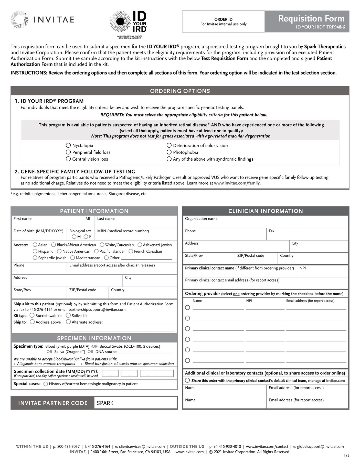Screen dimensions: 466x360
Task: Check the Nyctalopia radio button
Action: pos(68,145)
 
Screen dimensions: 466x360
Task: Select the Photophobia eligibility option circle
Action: pos(169,152)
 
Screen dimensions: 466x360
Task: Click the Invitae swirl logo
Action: pos(19,19)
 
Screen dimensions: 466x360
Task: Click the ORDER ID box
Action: pos(223,22)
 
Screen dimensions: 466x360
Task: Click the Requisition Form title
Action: pos(311,19)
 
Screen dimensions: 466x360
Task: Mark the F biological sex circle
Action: pos(86,237)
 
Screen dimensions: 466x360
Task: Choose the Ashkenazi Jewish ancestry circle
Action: pos(140,245)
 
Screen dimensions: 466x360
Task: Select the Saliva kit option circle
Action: pos(68,315)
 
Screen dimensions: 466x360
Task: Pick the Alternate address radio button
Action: pos(68,322)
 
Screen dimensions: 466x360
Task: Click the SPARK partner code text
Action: pos(105,403)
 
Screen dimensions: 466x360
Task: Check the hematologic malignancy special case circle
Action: pos(46,384)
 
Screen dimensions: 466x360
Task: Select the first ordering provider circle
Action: pos(187,307)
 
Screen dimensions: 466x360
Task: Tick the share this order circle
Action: pos(187,380)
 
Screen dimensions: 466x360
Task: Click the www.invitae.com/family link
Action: pos(237,183)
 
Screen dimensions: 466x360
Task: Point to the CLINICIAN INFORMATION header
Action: pos(266,211)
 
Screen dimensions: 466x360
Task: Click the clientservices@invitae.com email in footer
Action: pos(142,447)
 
